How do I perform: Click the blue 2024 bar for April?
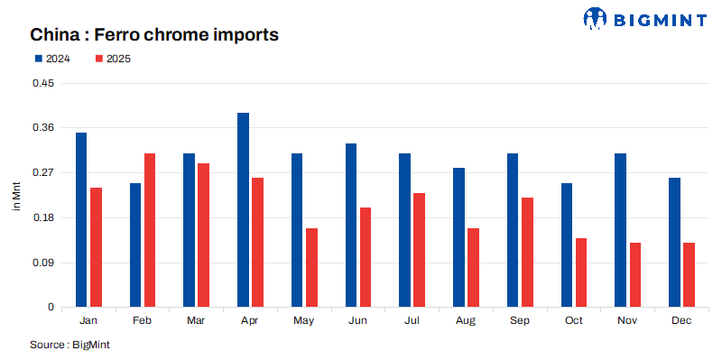tap(243, 210)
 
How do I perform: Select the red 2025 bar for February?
tap(150, 230)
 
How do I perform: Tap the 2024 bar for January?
tap(81, 220)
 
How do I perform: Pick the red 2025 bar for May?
tap(311, 268)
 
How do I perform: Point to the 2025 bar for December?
tap(689, 275)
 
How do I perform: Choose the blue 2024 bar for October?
tap(567, 245)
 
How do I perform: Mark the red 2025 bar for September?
tap(527, 253)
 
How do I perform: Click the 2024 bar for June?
tap(351, 226)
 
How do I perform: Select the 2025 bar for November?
tap(634, 275)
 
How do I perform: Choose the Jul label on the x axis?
tap(412, 321)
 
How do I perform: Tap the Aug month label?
tap(466, 321)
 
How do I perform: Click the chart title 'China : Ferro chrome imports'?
tap(153, 34)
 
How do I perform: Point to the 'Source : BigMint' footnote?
tap(69, 345)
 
